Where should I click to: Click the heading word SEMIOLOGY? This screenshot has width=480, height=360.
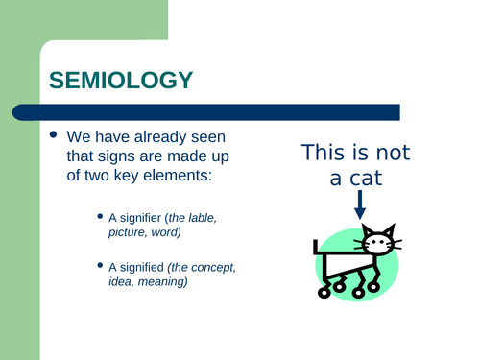click(120, 80)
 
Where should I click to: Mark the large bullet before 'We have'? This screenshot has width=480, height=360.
click(54, 136)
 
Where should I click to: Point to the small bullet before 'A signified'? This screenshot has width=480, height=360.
click(103, 265)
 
